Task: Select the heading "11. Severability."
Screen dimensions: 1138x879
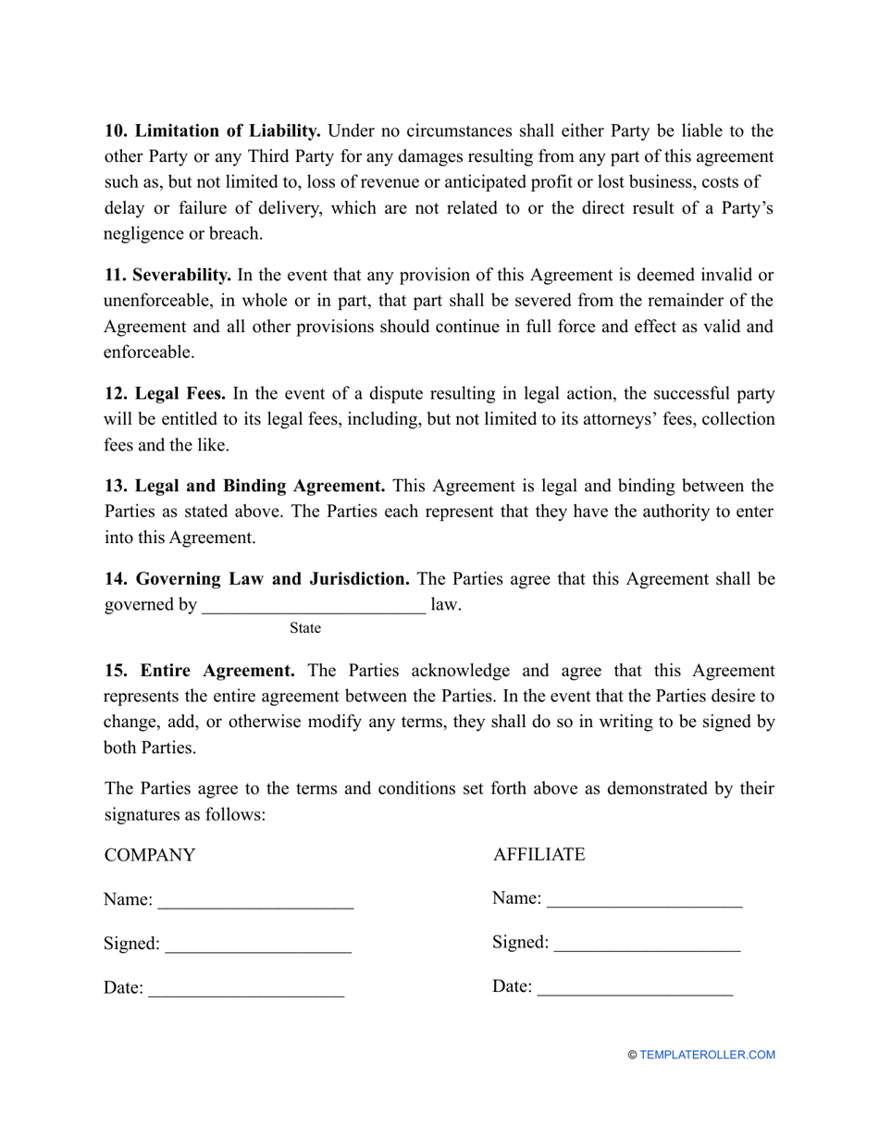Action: (x=167, y=275)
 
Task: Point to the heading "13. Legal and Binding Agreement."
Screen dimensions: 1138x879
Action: (x=245, y=486)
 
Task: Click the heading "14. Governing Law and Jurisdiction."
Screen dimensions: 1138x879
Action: (x=257, y=579)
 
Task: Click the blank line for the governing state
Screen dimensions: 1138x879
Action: (x=314, y=607)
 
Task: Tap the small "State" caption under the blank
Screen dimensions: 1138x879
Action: (x=305, y=629)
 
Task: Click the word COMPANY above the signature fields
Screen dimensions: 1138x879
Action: (x=150, y=856)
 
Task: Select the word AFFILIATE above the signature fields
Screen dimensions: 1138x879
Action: (x=539, y=855)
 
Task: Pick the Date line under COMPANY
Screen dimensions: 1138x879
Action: (x=246, y=990)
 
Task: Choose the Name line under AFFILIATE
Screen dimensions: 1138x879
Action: (x=645, y=900)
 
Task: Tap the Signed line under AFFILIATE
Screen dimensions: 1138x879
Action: (x=647, y=945)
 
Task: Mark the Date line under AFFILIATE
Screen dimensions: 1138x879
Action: (x=635, y=989)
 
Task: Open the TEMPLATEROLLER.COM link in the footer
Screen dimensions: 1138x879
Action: (x=707, y=1055)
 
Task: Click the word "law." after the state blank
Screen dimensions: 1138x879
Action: (x=446, y=605)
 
